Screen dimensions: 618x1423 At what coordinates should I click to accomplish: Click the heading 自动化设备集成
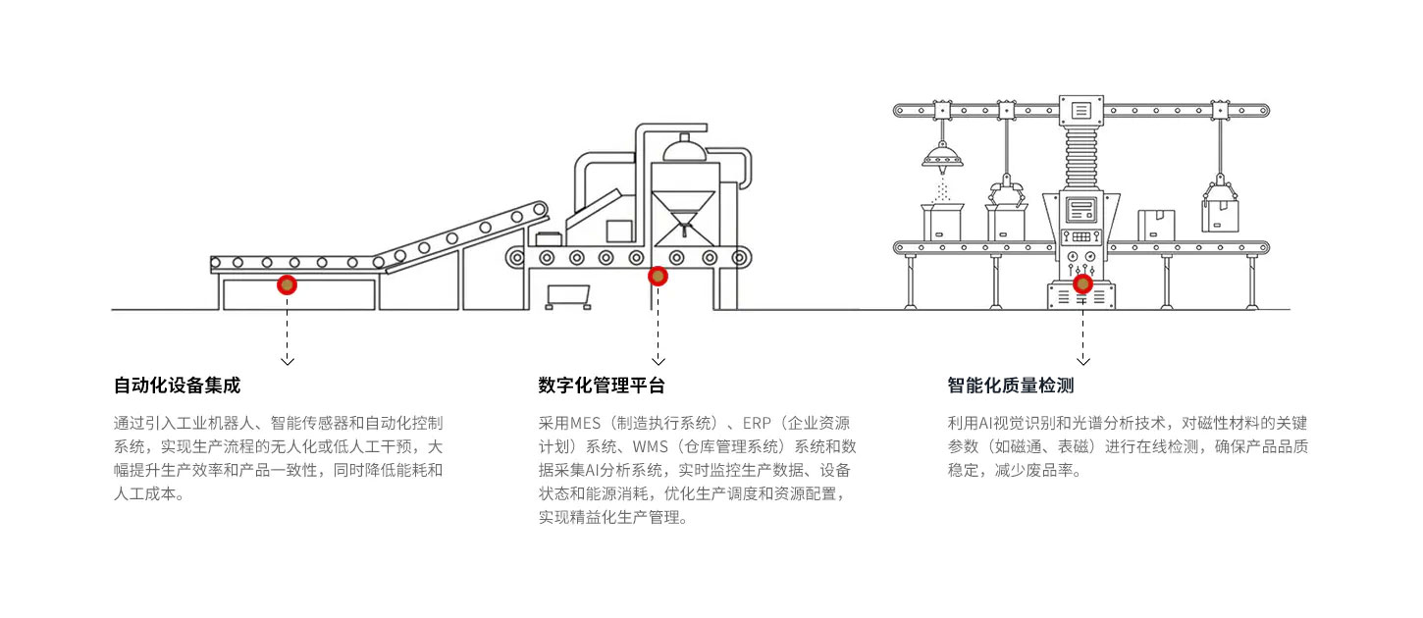point(177,386)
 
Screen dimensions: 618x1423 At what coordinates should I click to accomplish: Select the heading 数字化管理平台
point(602,386)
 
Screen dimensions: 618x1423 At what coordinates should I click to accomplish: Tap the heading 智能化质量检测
point(1011,386)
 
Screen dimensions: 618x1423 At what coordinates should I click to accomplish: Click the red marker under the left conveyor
point(287,284)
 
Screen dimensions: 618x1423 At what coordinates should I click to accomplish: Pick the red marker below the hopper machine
point(658,277)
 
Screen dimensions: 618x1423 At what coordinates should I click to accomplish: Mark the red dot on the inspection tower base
point(1082,283)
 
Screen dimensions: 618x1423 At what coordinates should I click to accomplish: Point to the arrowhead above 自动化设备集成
point(287,360)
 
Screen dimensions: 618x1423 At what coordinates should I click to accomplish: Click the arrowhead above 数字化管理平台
point(658,360)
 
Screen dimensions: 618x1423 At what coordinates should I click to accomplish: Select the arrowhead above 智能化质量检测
point(1083,360)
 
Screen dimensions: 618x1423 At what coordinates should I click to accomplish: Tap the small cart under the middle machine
point(570,295)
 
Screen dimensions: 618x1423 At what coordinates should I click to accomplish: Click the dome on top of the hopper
point(685,150)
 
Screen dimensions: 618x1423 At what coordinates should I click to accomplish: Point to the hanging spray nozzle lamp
point(942,155)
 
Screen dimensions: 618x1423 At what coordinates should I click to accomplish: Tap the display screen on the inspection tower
point(1082,209)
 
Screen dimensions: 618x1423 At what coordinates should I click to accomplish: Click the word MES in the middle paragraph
point(586,424)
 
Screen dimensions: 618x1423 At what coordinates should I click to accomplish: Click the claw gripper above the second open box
point(1005,190)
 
